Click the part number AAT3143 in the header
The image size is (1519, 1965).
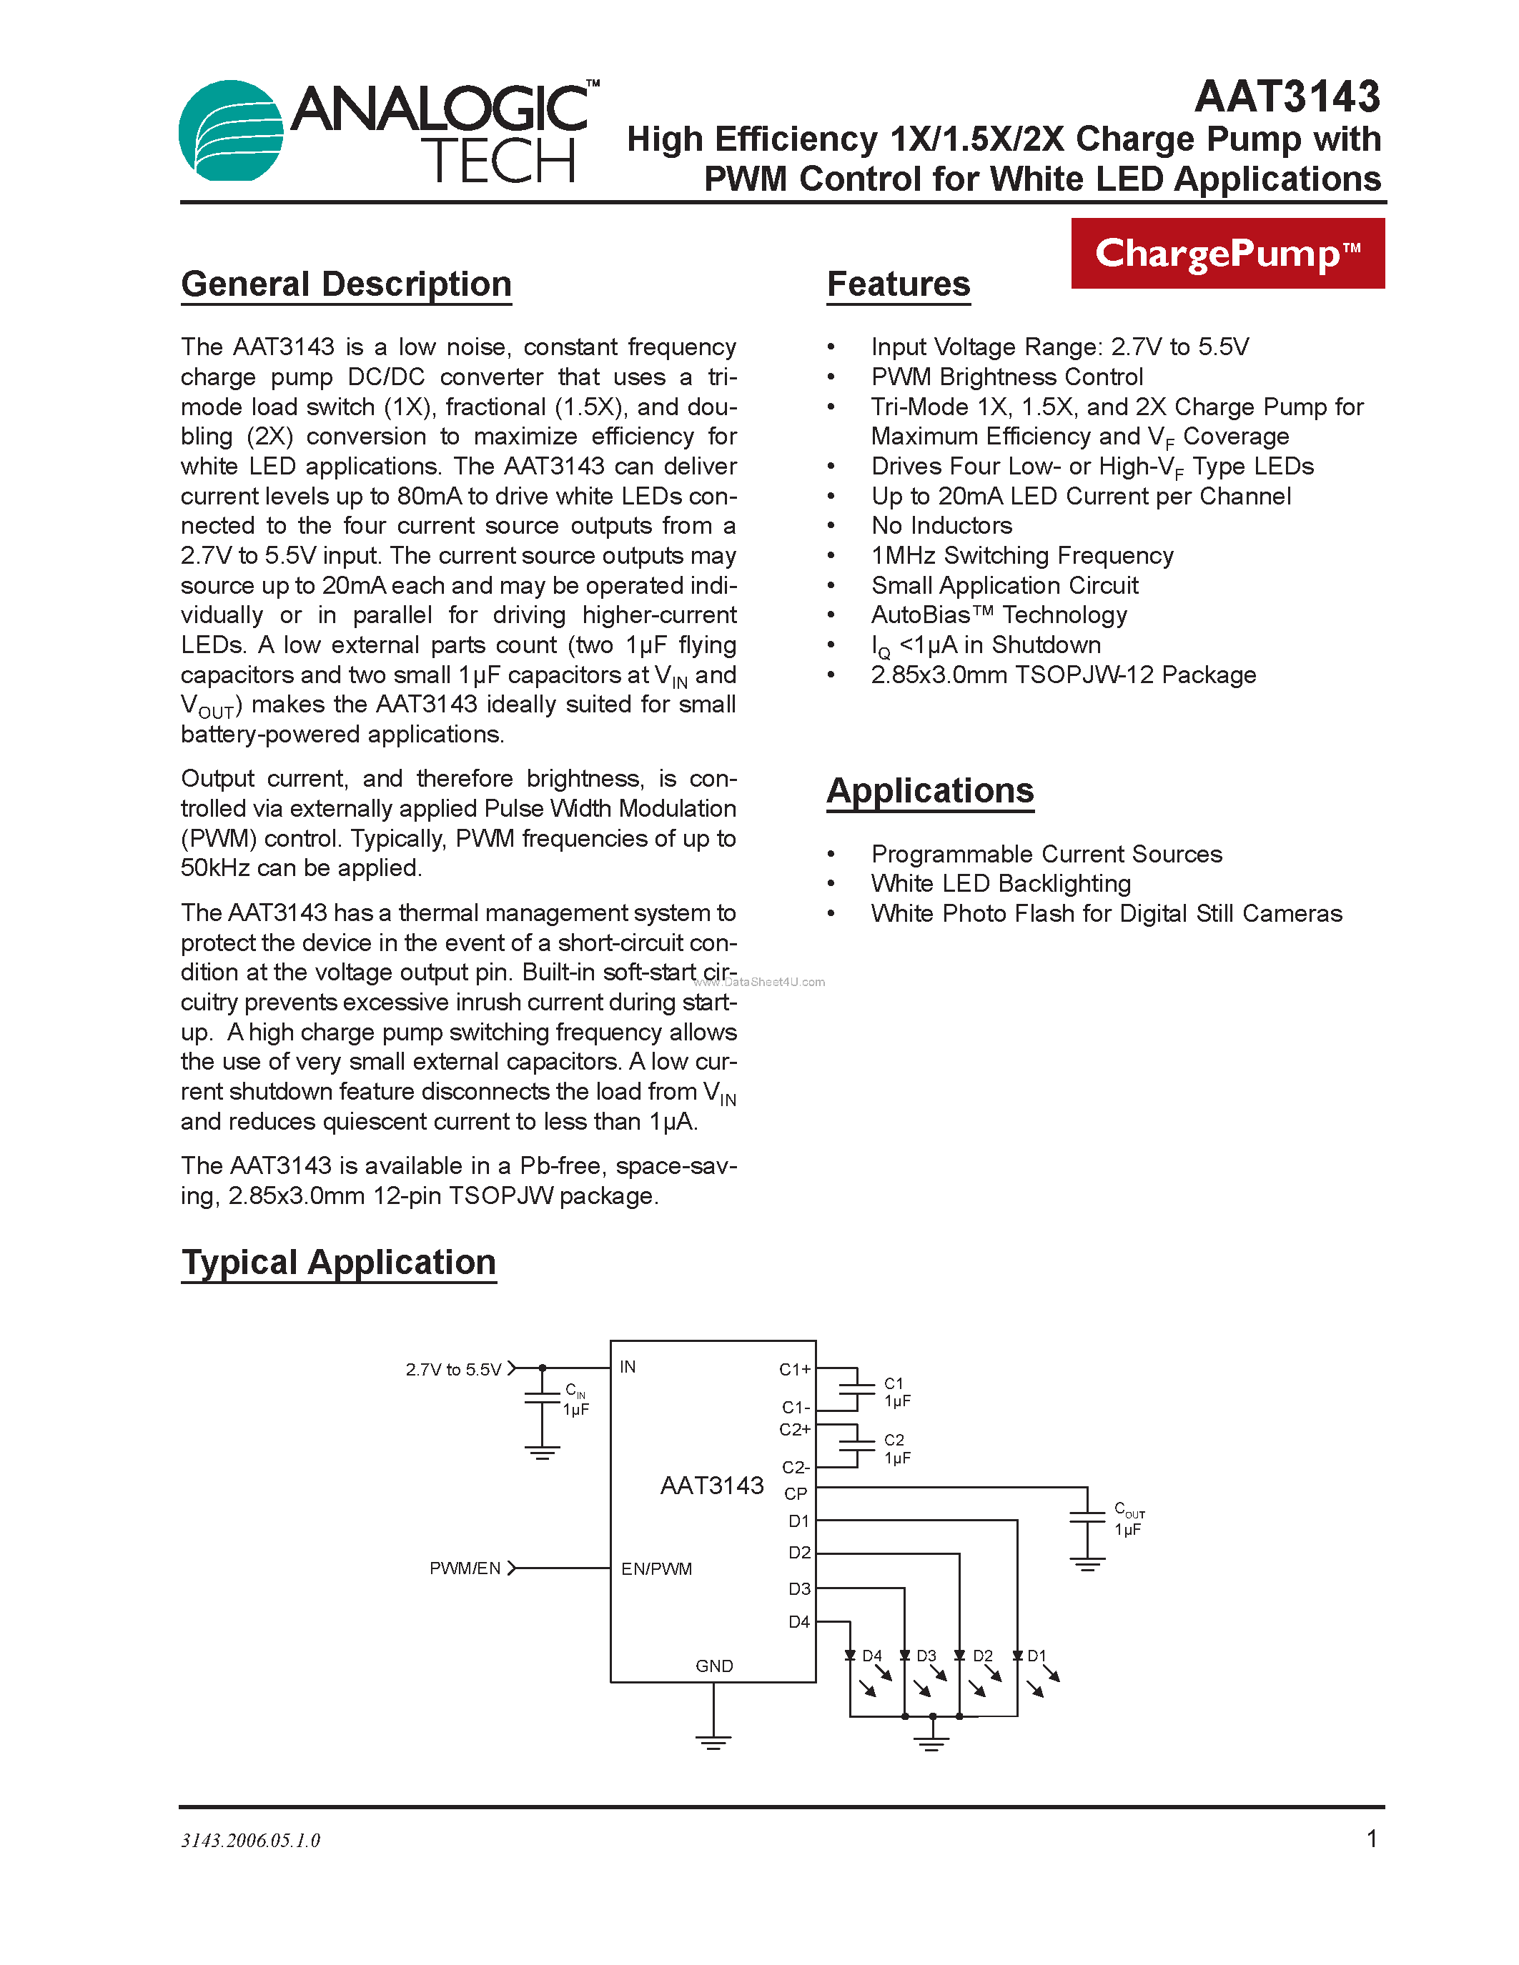[x=1287, y=97]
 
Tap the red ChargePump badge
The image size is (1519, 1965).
[x=1227, y=254]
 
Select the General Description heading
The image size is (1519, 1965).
[x=347, y=284]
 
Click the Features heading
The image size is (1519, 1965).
[x=898, y=284]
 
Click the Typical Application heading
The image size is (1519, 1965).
[x=338, y=1263]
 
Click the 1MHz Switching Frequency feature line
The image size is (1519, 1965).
[x=1021, y=555]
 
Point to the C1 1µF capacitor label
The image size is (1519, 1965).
[x=896, y=1392]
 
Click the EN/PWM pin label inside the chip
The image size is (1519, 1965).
[x=656, y=1569]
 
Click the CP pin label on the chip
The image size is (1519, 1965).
[x=796, y=1493]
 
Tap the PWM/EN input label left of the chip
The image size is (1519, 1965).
[x=465, y=1568]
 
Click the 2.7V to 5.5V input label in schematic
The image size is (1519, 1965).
[x=452, y=1369]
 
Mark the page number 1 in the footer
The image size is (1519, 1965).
[x=1372, y=1839]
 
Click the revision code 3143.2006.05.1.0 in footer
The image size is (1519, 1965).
[x=250, y=1841]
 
